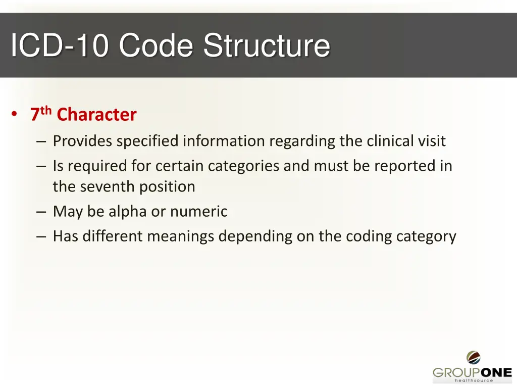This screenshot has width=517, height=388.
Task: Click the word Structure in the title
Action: [267, 45]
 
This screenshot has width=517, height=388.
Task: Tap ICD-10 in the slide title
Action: [60, 45]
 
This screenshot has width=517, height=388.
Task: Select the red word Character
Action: [96, 115]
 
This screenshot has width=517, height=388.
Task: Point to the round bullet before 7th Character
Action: [17, 115]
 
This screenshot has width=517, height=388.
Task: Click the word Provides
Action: [83, 141]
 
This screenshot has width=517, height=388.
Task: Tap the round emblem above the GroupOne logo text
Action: [473, 358]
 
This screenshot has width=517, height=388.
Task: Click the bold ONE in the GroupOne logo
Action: [493, 372]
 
